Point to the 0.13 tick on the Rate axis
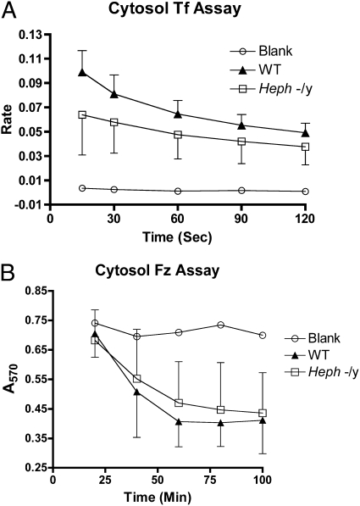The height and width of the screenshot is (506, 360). [x=37, y=34]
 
